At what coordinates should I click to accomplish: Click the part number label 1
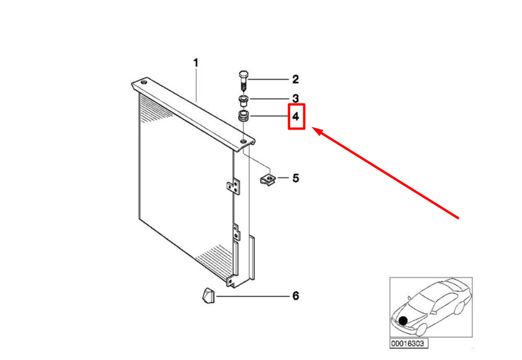tap(196, 63)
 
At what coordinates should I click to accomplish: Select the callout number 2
tap(295, 79)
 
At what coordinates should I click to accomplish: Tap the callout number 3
tap(295, 98)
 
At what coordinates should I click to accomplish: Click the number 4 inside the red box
tap(295, 117)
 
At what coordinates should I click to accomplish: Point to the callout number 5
tap(295, 178)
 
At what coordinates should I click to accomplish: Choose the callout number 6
tap(295, 296)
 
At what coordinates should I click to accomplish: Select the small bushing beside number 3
tap(244, 99)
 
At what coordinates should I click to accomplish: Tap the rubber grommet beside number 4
tap(244, 116)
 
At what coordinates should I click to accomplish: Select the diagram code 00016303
tap(409, 344)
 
